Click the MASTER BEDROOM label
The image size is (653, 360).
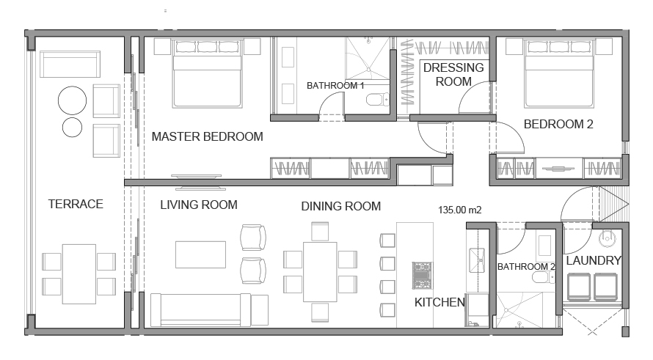click(x=207, y=136)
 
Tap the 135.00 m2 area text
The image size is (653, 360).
click(x=460, y=210)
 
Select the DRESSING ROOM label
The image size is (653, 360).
click(x=453, y=75)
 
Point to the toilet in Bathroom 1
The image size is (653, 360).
click(x=377, y=100)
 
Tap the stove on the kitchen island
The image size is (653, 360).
click(x=422, y=275)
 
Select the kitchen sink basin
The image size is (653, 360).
click(x=477, y=260)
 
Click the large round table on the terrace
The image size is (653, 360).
click(x=72, y=100)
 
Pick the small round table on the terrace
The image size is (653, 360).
click(x=72, y=128)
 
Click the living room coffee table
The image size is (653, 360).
click(x=201, y=254)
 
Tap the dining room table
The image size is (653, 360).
click(x=320, y=272)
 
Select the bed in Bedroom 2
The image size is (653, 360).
click(x=559, y=73)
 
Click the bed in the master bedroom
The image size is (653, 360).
click(x=207, y=73)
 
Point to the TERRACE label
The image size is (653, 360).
click(x=76, y=204)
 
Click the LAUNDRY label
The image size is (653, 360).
click(x=594, y=260)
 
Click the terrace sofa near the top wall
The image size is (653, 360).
click(x=70, y=64)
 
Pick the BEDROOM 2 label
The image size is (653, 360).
click(x=558, y=124)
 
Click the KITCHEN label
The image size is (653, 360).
click(x=439, y=302)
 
